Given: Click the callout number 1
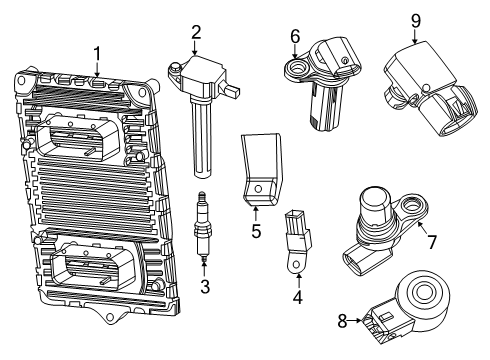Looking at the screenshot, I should point(97,53).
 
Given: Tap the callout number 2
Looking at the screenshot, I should point(197,32).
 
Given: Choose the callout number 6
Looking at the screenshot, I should point(295,36).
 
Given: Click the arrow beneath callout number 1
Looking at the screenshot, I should point(97,68).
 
